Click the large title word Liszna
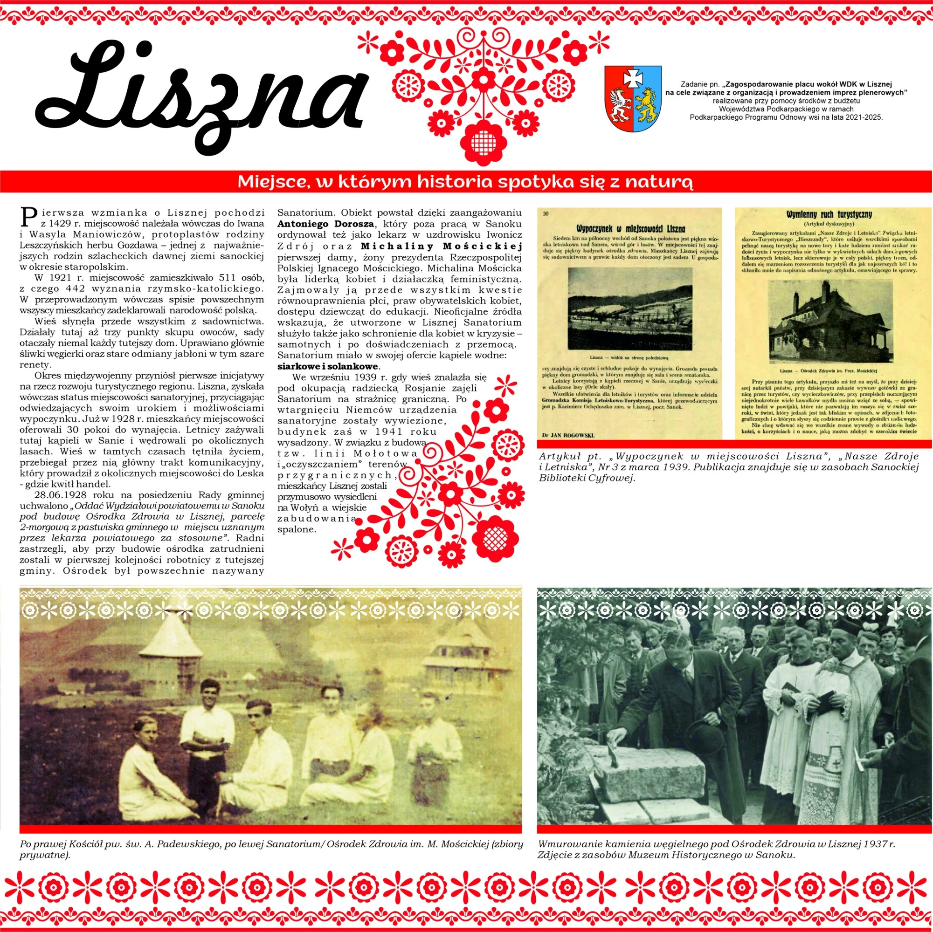pos(198,89)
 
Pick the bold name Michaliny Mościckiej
pos(442,246)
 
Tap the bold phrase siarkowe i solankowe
pos(328,366)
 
